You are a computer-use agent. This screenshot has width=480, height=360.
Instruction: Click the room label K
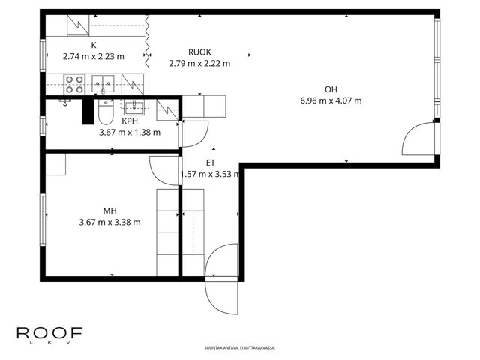[94, 45]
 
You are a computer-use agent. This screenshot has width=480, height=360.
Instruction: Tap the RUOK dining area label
[199, 52]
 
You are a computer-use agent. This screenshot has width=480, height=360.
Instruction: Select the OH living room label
[331, 89]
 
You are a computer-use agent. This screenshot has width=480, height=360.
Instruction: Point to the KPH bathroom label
[130, 121]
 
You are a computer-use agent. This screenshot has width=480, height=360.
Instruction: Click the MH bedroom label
[110, 211]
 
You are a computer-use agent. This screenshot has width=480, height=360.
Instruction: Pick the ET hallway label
[211, 163]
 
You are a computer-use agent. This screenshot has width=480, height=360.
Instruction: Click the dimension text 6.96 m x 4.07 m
[331, 100]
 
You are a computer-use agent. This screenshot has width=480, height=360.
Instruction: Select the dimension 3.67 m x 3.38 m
[110, 222]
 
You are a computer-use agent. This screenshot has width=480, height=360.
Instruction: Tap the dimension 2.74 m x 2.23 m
[94, 57]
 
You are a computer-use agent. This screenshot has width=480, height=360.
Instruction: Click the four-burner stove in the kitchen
[74, 85]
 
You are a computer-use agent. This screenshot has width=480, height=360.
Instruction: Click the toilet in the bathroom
[106, 112]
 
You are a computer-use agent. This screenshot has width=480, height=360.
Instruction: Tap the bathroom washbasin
[133, 107]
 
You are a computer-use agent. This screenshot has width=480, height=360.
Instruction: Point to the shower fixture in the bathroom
[65, 102]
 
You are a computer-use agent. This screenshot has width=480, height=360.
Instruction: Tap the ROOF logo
[49, 335]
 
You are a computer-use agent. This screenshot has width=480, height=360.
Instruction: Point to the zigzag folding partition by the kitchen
[147, 41]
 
